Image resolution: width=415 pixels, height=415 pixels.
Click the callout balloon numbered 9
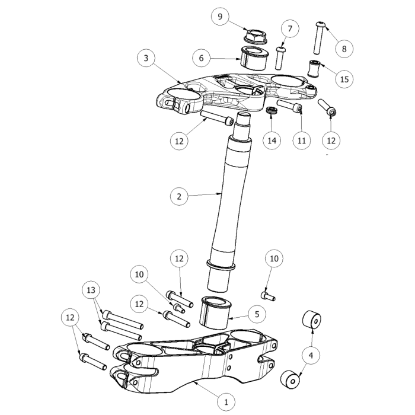click(220, 17)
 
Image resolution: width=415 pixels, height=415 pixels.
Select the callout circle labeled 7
click(290, 28)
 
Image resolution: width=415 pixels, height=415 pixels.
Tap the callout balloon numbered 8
click(344, 49)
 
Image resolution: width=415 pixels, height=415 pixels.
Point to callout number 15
click(344, 79)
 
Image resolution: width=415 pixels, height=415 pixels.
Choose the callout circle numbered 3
click(146, 58)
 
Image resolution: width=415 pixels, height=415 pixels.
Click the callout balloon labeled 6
click(201, 58)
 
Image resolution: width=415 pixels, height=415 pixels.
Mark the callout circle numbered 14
click(272, 141)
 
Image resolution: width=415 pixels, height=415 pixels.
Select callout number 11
click(302, 141)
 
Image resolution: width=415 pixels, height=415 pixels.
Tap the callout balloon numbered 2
click(179, 197)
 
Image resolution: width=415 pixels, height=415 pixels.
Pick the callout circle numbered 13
click(91, 290)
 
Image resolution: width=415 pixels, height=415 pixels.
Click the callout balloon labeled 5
click(257, 314)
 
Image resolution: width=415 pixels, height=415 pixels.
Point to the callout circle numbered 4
click(311, 355)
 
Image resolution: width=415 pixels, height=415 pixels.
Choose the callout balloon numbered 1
click(226, 403)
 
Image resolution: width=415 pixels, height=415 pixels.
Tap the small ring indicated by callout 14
click(272, 111)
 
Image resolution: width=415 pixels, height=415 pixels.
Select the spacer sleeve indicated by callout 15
click(314, 69)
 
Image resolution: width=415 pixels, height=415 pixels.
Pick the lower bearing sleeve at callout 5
click(215, 312)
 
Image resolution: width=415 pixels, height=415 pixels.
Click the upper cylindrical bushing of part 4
click(311, 320)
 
